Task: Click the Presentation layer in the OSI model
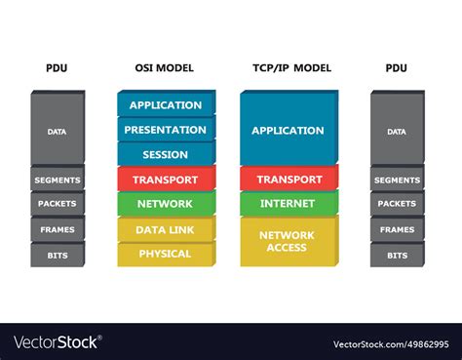point(166,130)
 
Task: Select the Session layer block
point(166,154)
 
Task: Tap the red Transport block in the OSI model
point(166,180)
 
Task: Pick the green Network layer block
point(166,204)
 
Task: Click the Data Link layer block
point(166,230)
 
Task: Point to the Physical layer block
point(166,254)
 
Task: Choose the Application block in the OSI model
point(166,105)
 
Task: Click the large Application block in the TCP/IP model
point(288,130)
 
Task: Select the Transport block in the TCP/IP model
point(288,180)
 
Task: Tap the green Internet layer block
point(288,204)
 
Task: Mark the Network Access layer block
point(288,241)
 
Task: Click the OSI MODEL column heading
point(164,68)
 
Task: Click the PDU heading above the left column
point(57,68)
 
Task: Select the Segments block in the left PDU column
point(58,180)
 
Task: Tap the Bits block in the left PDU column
point(58,255)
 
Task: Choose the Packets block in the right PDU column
point(397,204)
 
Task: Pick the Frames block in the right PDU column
point(397,230)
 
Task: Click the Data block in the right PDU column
point(397,131)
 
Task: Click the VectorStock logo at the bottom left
point(57,342)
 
